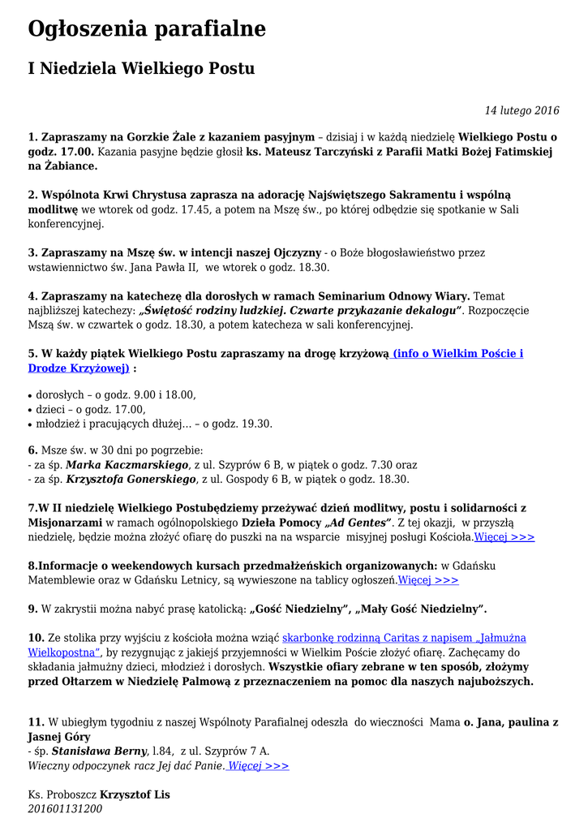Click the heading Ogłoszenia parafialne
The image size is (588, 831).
click(x=147, y=29)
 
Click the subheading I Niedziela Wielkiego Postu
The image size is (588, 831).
click(x=141, y=69)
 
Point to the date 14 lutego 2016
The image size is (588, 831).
click(x=521, y=110)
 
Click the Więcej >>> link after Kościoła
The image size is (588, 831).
click(x=504, y=537)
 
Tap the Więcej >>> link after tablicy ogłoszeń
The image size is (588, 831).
click(x=428, y=579)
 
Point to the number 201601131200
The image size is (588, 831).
click(x=65, y=808)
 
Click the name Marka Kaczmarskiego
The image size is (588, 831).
click(x=127, y=466)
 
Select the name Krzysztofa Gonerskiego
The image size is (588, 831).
click(x=131, y=480)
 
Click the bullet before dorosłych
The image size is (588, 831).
click(x=31, y=396)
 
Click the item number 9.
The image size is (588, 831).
click(x=32, y=609)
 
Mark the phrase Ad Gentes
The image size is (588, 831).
click(x=358, y=523)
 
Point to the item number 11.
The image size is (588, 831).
click(x=36, y=722)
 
